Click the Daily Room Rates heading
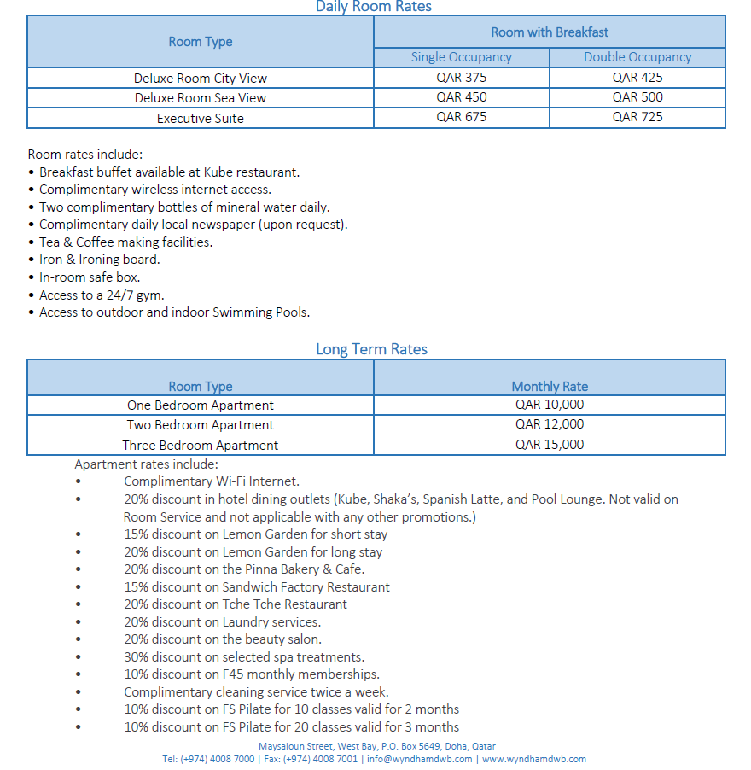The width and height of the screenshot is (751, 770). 374,7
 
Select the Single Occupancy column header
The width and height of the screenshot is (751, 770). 461,57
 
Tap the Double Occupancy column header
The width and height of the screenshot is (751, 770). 637,57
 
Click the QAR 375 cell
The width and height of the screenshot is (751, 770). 461,78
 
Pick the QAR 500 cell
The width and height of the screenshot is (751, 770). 637,97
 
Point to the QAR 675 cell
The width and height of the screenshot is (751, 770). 461,117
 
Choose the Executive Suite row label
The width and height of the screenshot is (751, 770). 200,119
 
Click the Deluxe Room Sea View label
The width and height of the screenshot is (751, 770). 200,98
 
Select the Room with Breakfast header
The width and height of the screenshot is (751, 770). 550,32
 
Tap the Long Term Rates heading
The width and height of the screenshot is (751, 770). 371,349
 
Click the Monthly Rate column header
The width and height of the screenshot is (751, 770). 550,387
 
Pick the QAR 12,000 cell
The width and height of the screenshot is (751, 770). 550,424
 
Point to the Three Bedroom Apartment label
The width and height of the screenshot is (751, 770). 200,446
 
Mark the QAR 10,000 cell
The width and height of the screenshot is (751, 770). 550,405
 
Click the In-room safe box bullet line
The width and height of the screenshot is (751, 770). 90,277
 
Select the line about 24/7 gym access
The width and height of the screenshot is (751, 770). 102,295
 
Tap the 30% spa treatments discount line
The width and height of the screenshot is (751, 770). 243,656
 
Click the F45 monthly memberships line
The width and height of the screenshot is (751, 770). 251,674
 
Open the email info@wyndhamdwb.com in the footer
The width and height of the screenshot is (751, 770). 419,759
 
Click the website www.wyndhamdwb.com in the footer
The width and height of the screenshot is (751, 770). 534,759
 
